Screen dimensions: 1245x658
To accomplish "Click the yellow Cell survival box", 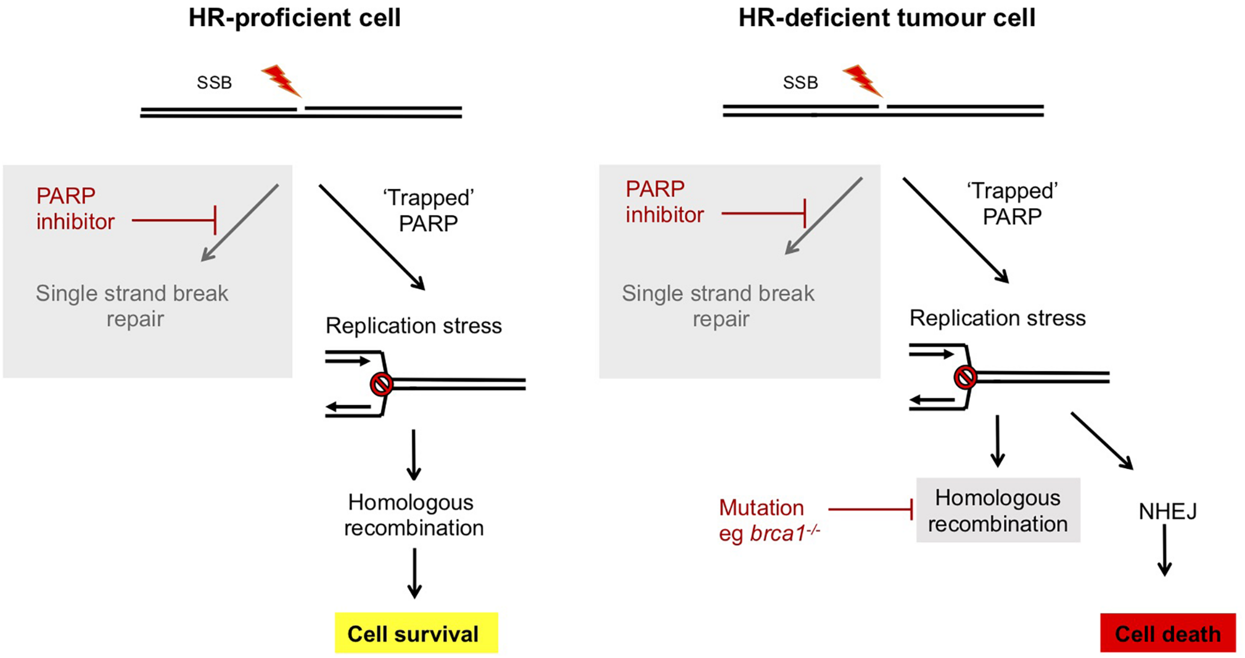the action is point(416,633).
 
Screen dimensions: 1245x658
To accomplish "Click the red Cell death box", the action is point(1168,633).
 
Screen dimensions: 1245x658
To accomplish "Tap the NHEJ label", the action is point(1168,512).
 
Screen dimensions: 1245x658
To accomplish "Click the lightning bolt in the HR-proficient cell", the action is point(281,81).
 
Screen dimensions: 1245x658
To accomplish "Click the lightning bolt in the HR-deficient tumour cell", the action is point(863,81).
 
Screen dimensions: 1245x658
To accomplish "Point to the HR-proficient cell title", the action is point(294,18).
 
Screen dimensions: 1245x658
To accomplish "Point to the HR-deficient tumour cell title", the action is point(887,18).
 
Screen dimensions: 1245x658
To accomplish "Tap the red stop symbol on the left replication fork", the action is point(381,384).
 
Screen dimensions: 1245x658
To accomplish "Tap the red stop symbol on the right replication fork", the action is point(965,377).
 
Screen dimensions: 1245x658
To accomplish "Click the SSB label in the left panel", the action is point(214,83).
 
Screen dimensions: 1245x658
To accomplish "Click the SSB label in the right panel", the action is point(800,83).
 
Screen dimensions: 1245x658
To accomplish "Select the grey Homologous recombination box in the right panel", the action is point(998,510).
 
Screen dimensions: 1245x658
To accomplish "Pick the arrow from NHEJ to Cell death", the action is point(1164,550).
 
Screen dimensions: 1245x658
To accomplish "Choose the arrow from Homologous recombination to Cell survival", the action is point(414,573).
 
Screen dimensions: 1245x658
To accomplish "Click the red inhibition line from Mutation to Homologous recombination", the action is point(871,509).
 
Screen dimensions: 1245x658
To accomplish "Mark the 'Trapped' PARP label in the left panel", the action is point(428,210).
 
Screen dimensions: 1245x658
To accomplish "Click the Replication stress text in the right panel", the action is point(997,318).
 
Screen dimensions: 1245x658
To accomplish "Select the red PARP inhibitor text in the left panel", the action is point(75,209).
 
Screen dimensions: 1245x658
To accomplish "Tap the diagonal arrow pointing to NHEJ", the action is point(1102,441).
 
